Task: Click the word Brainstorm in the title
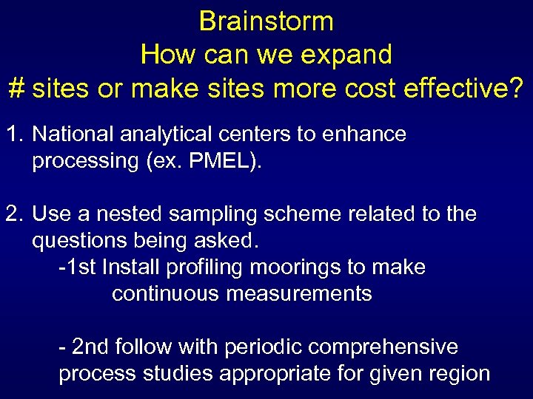pos(266,21)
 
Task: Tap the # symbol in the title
pos(17,88)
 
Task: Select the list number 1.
pos(13,134)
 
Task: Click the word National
pos(75,134)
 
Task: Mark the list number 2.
pos(13,215)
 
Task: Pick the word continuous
pos(167,294)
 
